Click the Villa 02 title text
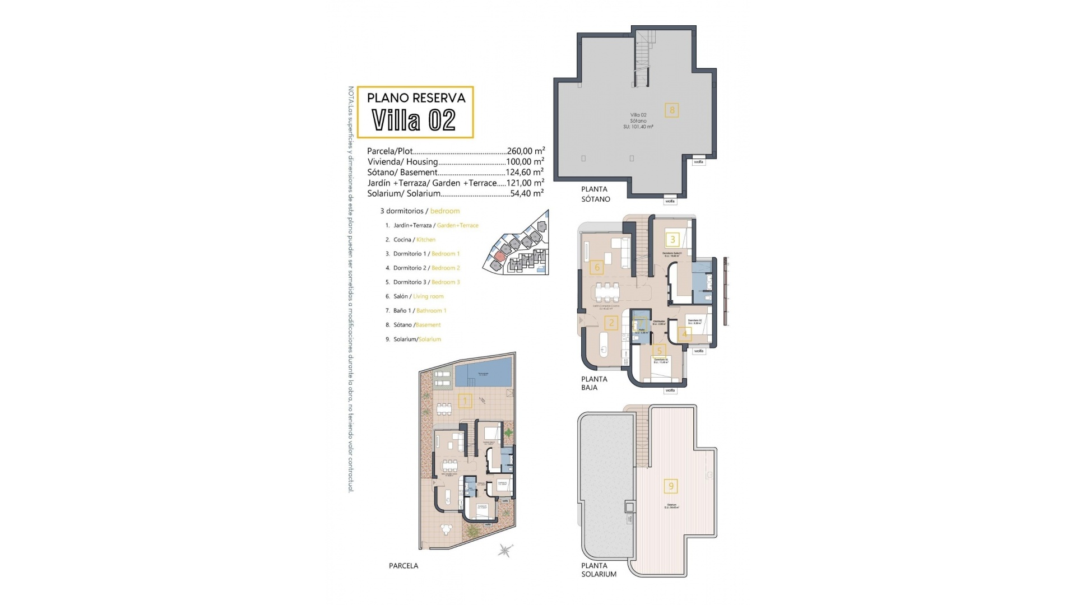point(414,120)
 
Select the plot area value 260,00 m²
point(525,151)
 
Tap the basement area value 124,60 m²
point(525,173)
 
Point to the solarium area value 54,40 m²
point(527,194)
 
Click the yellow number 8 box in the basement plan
point(672,110)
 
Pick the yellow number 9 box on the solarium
point(671,486)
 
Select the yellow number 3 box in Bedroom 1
point(672,240)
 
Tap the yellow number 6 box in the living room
point(597,267)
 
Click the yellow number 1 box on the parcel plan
point(464,401)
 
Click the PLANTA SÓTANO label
point(595,194)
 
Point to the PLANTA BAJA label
point(593,383)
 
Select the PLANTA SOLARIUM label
point(599,570)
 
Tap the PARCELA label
point(403,566)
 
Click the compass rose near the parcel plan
point(505,551)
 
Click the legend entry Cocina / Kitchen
point(414,240)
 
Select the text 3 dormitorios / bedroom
point(420,211)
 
